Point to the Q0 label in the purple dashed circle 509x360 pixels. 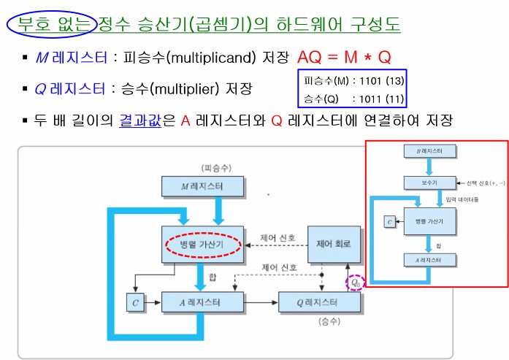355,281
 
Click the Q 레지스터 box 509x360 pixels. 318,302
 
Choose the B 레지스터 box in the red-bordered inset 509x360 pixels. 429,151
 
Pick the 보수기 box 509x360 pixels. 429,183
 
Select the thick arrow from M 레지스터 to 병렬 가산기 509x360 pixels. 217,211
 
